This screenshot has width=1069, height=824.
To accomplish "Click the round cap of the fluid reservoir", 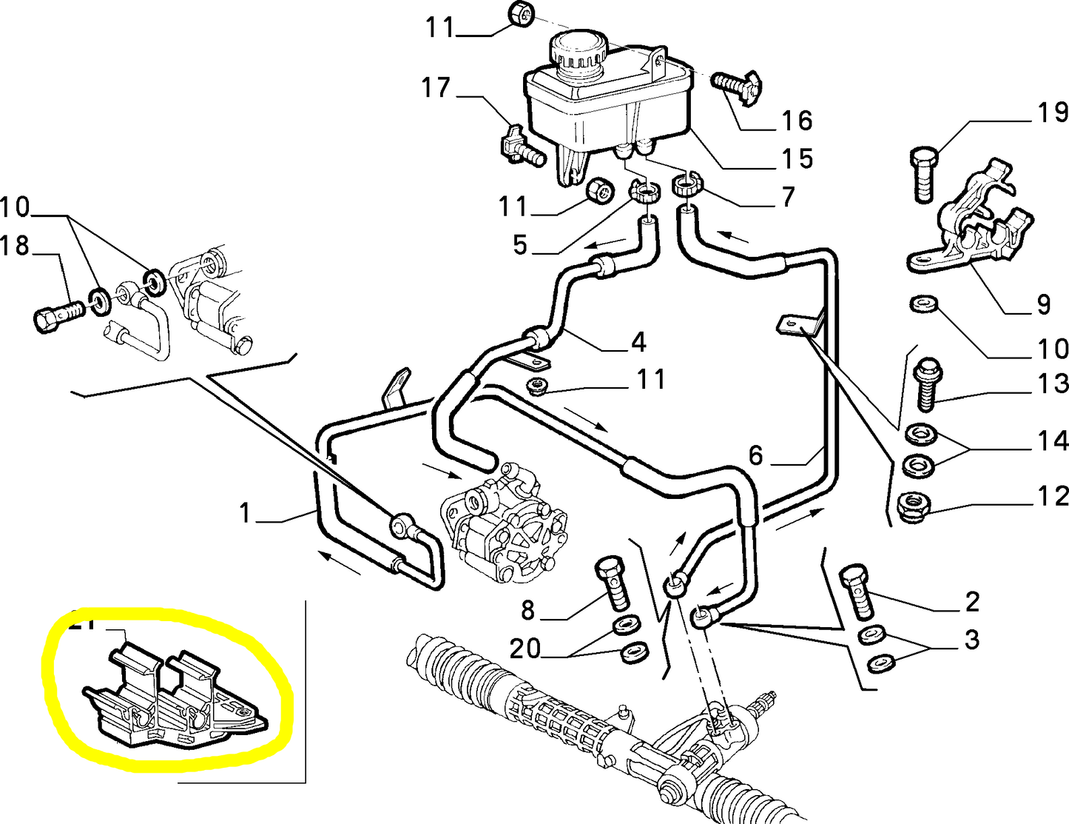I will pos(578,52).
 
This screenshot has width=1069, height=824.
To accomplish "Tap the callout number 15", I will pos(797,158).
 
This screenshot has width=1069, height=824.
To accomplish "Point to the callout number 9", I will pos(1043,304).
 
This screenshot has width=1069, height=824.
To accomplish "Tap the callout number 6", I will pos(755,455).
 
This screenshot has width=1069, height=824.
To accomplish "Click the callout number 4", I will pos(638,342).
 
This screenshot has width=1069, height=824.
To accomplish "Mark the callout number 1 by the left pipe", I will pos(246,512).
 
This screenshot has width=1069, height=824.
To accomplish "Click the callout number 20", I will pos(525,649).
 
